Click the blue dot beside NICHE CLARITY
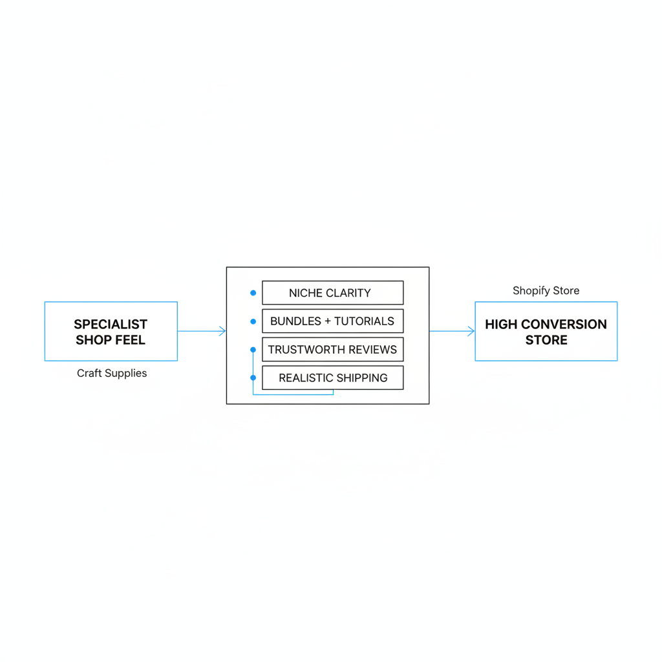tap(253, 293)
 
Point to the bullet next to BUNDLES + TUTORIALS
tap(253, 321)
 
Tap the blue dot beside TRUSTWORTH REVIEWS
tap(253, 350)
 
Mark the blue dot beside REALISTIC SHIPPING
tap(253, 378)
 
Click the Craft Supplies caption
tap(112, 373)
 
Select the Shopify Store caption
tap(546, 290)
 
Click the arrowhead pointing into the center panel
tap(222, 331)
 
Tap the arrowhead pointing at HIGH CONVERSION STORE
tap(471, 331)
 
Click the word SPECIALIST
tap(111, 325)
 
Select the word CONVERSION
tap(564, 325)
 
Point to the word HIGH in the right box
tap(501, 325)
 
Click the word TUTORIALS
tap(364, 321)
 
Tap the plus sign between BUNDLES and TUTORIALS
tap(328, 322)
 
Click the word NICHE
tap(306, 293)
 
